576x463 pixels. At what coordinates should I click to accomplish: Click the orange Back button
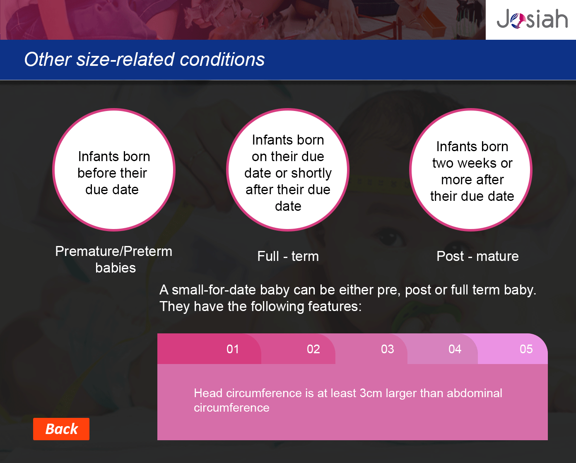pyautogui.click(x=61, y=429)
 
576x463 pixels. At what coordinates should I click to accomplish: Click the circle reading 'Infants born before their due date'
pyautogui.click(x=114, y=170)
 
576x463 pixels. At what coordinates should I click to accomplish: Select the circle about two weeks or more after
pyautogui.click(x=471, y=170)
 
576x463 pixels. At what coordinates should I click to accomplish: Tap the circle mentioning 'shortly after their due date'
pyautogui.click(x=288, y=170)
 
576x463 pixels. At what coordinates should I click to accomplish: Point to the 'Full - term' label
pyautogui.click(x=288, y=256)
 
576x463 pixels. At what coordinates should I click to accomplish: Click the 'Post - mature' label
pyautogui.click(x=477, y=256)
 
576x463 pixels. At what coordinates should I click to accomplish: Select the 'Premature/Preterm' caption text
pyautogui.click(x=114, y=251)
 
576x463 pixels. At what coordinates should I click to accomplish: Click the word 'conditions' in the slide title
pyautogui.click(x=222, y=59)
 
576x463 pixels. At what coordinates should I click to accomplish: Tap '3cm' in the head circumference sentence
pyautogui.click(x=371, y=393)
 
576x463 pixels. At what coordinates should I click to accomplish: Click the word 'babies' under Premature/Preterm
pyautogui.click(x=116, y=268)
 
